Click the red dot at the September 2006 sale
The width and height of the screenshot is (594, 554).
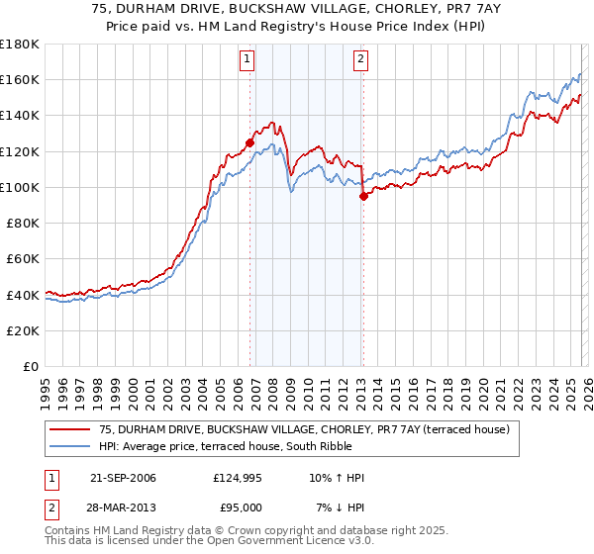pyautogui.click(x=249, y=142)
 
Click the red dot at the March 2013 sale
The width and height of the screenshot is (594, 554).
pyautogui.click(x=363, y=196)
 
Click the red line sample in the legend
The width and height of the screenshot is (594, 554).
pyautogui.click(x=71, y=429)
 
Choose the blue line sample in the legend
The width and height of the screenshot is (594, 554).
pyautogui.click(x=71, y=446)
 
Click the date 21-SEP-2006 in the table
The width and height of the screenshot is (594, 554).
pyautogui.click(x=123, y=478)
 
